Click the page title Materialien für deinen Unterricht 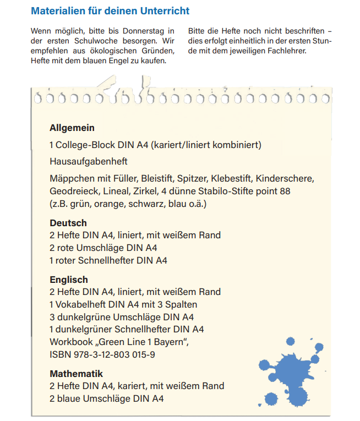point(110,10)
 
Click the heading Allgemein point(72,128)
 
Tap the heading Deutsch point(68,223)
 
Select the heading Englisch point(69,280)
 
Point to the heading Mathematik point(77,374)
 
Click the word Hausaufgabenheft point(88,162)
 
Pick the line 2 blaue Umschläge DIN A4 point(107,398)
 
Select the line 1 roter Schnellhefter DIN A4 point(108,260)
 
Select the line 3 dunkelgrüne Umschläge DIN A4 point(122,317)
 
